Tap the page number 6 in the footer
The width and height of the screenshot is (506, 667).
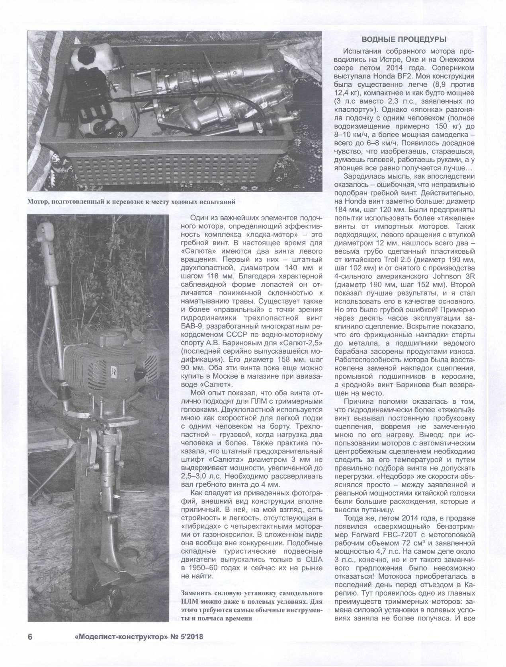[x=30, y=636]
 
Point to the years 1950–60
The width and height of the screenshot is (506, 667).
[x=201, y=567]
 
